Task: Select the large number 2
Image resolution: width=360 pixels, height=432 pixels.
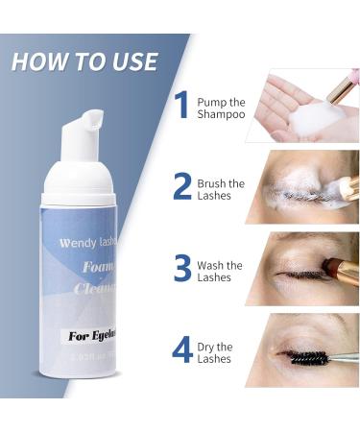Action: [181, 187]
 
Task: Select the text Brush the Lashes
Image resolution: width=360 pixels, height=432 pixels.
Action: [220, 189]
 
